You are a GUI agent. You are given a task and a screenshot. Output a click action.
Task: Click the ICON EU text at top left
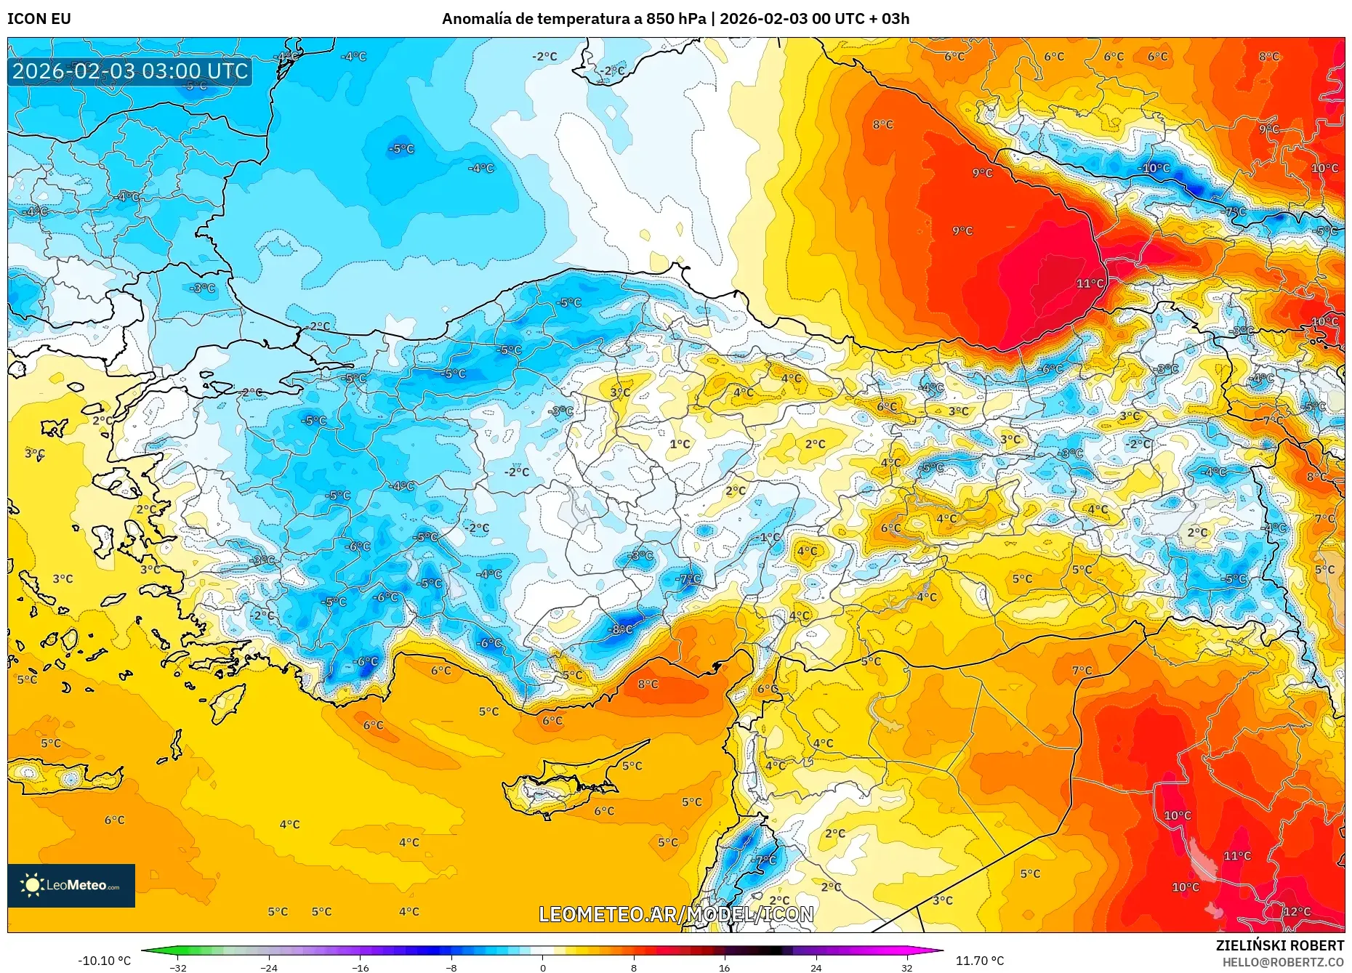[x=39, y=19]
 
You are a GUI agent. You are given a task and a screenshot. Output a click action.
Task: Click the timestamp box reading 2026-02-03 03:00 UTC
[x=130, y=71]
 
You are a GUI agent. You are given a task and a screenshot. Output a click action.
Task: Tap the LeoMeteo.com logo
[x=71, y=885]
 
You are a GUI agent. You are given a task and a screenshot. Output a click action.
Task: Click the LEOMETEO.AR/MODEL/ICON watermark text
[x=676, y=914]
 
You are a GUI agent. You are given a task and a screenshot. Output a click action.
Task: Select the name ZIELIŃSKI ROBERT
[x=1279, y=945]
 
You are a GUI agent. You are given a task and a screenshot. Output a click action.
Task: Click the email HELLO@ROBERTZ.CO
[x=1282, y=962]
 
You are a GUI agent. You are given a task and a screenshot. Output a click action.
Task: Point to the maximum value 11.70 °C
[x=979, y=961]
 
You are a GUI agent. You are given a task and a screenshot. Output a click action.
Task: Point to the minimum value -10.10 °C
[x=104, y=961]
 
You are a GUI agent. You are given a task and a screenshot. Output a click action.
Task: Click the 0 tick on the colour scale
[x=542, y=967]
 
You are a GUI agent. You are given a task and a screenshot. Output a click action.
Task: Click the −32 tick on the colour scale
[x=177, y=967]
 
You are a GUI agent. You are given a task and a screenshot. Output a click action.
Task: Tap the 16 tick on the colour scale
[x=724, y=967]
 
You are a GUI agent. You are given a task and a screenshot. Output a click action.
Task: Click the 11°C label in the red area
[x=1090, y=283]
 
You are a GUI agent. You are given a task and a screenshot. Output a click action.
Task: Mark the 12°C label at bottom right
[x=1297, y=911]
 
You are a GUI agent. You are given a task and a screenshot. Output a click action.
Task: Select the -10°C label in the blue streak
[x=1154, y=168]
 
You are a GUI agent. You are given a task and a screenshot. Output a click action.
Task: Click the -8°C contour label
[x=621, y=629]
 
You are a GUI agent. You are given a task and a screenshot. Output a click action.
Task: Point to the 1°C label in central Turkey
[x=680, y=444]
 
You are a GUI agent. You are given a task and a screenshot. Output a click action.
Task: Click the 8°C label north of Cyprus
[x=648, y=684]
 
